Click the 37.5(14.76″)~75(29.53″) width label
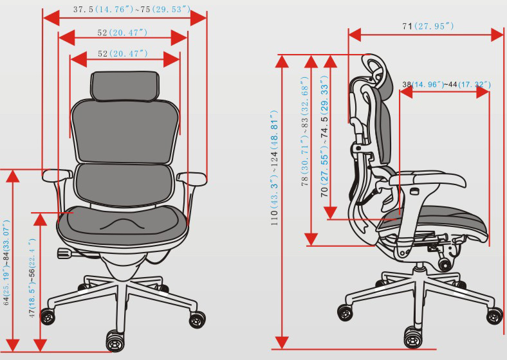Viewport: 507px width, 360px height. pos(132,10)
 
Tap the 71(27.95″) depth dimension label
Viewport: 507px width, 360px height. pos(428,26)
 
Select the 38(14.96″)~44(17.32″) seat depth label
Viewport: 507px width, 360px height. pos(447,85)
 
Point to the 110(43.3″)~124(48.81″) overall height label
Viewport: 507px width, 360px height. pos(274,168)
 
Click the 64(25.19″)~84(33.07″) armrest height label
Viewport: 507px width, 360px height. pos(6,262)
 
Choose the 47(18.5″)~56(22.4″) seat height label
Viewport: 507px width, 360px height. pos(32,278)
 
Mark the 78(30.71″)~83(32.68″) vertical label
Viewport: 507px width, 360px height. pos(305,131)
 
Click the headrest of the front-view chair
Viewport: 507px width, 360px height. pos(125,85)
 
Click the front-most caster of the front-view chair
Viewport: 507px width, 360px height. pos(115,341)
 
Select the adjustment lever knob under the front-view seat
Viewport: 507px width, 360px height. pos(64,253)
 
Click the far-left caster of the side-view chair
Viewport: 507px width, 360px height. pos(346,312)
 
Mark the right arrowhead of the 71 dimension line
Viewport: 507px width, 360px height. pos(497,35)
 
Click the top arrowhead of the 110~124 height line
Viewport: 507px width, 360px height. pos(282,62)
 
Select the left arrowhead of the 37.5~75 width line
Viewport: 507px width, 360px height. pos(51,18)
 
